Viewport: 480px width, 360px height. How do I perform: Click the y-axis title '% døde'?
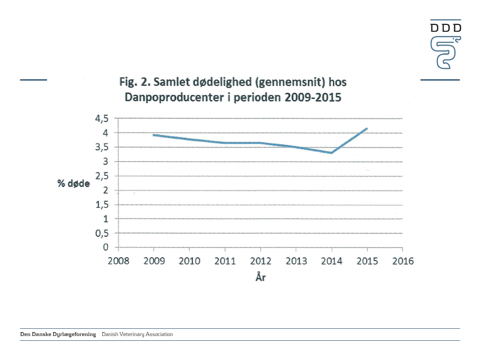coord(73,183)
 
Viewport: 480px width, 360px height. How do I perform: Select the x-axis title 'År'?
coord(260,277)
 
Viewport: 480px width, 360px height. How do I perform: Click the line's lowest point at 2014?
coord(331,153)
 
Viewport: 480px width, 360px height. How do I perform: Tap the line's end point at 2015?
coord(367,129)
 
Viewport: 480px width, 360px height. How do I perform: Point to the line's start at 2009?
coord(154,135)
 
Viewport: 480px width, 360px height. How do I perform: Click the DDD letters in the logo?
coord(445,27)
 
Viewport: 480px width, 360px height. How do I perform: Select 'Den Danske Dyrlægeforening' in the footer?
coord(58,334)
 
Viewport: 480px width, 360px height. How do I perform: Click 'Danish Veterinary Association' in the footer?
coord(137,334)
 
